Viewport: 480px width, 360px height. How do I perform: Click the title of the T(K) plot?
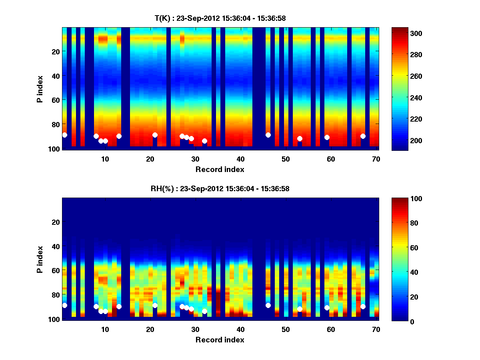tap(220, 18)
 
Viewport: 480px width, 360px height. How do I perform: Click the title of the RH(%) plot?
tap(220, 188)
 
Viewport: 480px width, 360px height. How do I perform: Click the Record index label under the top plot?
tap(220, 169)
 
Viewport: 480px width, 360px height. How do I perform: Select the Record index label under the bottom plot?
tap(220, 340)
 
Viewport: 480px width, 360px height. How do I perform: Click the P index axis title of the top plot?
tap(40, 89)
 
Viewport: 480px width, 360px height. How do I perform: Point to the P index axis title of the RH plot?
tap(40, 259)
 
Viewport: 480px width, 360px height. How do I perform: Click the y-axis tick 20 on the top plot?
tap(56, 52)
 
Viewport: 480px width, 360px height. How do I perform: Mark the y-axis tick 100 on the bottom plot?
tap(54, 319)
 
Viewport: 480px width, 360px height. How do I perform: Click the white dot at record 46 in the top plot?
tap(268, 135)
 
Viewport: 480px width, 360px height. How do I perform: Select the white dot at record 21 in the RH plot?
tap(155, 305)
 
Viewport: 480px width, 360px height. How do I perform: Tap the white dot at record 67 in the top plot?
tap(363, 136)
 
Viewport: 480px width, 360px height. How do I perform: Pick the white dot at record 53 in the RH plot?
tap(300, 309)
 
